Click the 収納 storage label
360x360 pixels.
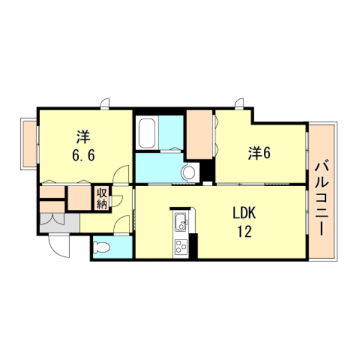tap(102, 198)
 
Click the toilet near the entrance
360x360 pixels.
tap(101, 246)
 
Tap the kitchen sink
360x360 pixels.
tap(182, 224)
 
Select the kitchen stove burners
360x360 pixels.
tap(182, 246)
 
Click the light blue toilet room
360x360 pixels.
tap(112, 246)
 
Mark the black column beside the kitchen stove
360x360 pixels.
tap(194, 244)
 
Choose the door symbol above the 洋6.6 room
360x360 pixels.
tap(105, 104)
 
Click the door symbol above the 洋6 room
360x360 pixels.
tap(240, 104)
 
